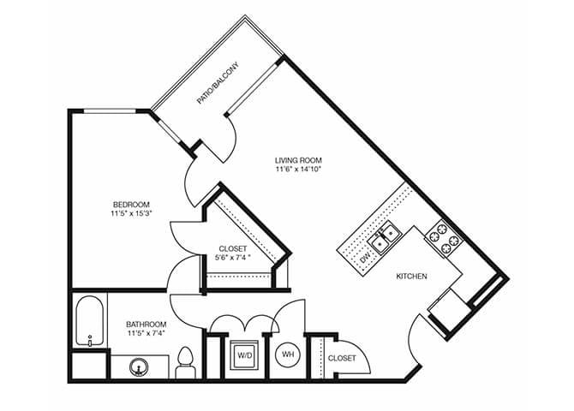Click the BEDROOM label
(x=130, y=204)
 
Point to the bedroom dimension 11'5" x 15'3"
(x=130, y=214)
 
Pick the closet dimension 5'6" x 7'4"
(x=232, y=259)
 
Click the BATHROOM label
(x=146, y=325)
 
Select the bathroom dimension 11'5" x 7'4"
(x=146, y=335)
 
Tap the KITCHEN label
(x=412, y=277)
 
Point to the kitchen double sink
(x=385, y=233)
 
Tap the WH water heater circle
(x=288, y=353)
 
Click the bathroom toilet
(x=184, y=364)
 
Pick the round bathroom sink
(x=137, y=368)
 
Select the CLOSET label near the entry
(x=342, y=359)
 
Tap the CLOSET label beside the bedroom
(x=232, y=249)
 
